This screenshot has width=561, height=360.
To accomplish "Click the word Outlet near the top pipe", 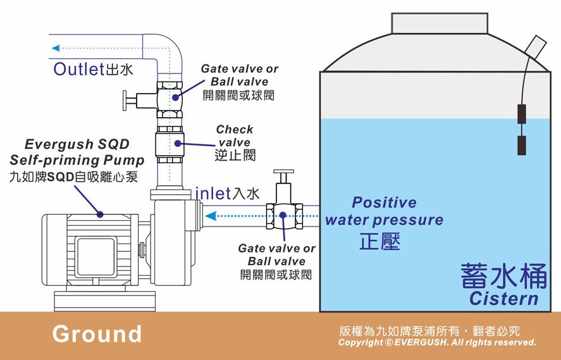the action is [x=78, y=69].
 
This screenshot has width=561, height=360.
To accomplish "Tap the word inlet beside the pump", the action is [x=213, y=194].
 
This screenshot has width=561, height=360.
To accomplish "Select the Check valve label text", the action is [x=235, y=135].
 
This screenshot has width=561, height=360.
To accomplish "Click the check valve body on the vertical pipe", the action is [x=170, y=144].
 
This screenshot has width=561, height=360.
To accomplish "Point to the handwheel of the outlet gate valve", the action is [x=125, y=101].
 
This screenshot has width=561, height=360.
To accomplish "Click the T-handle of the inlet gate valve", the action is [x=283, y=171].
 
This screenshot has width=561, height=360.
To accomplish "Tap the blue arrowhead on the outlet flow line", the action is [x=56, y=48].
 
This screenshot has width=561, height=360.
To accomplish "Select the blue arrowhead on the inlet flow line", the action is [x=211, y=216].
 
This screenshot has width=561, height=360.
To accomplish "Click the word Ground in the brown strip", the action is [x=97, y=334].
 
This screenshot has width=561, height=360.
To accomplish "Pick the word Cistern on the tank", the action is [x=503, y=299].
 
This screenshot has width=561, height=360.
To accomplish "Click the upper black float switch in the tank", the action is [x=522, y=114].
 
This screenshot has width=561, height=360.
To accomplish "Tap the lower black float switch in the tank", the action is [x=522, y=146].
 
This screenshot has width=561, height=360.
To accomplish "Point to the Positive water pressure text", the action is [x=385, y=211].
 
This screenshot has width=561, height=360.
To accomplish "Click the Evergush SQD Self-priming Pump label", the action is [x=77, y=152].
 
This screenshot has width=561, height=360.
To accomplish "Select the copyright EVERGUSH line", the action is [x=437, y=342].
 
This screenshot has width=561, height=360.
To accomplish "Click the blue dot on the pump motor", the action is [x=100, y=214].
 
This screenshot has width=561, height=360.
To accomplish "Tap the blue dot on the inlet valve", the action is [x=283, y=215].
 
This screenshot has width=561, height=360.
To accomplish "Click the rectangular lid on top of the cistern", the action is [x=440, y=23].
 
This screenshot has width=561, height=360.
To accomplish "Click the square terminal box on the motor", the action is [x=96, y=256].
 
